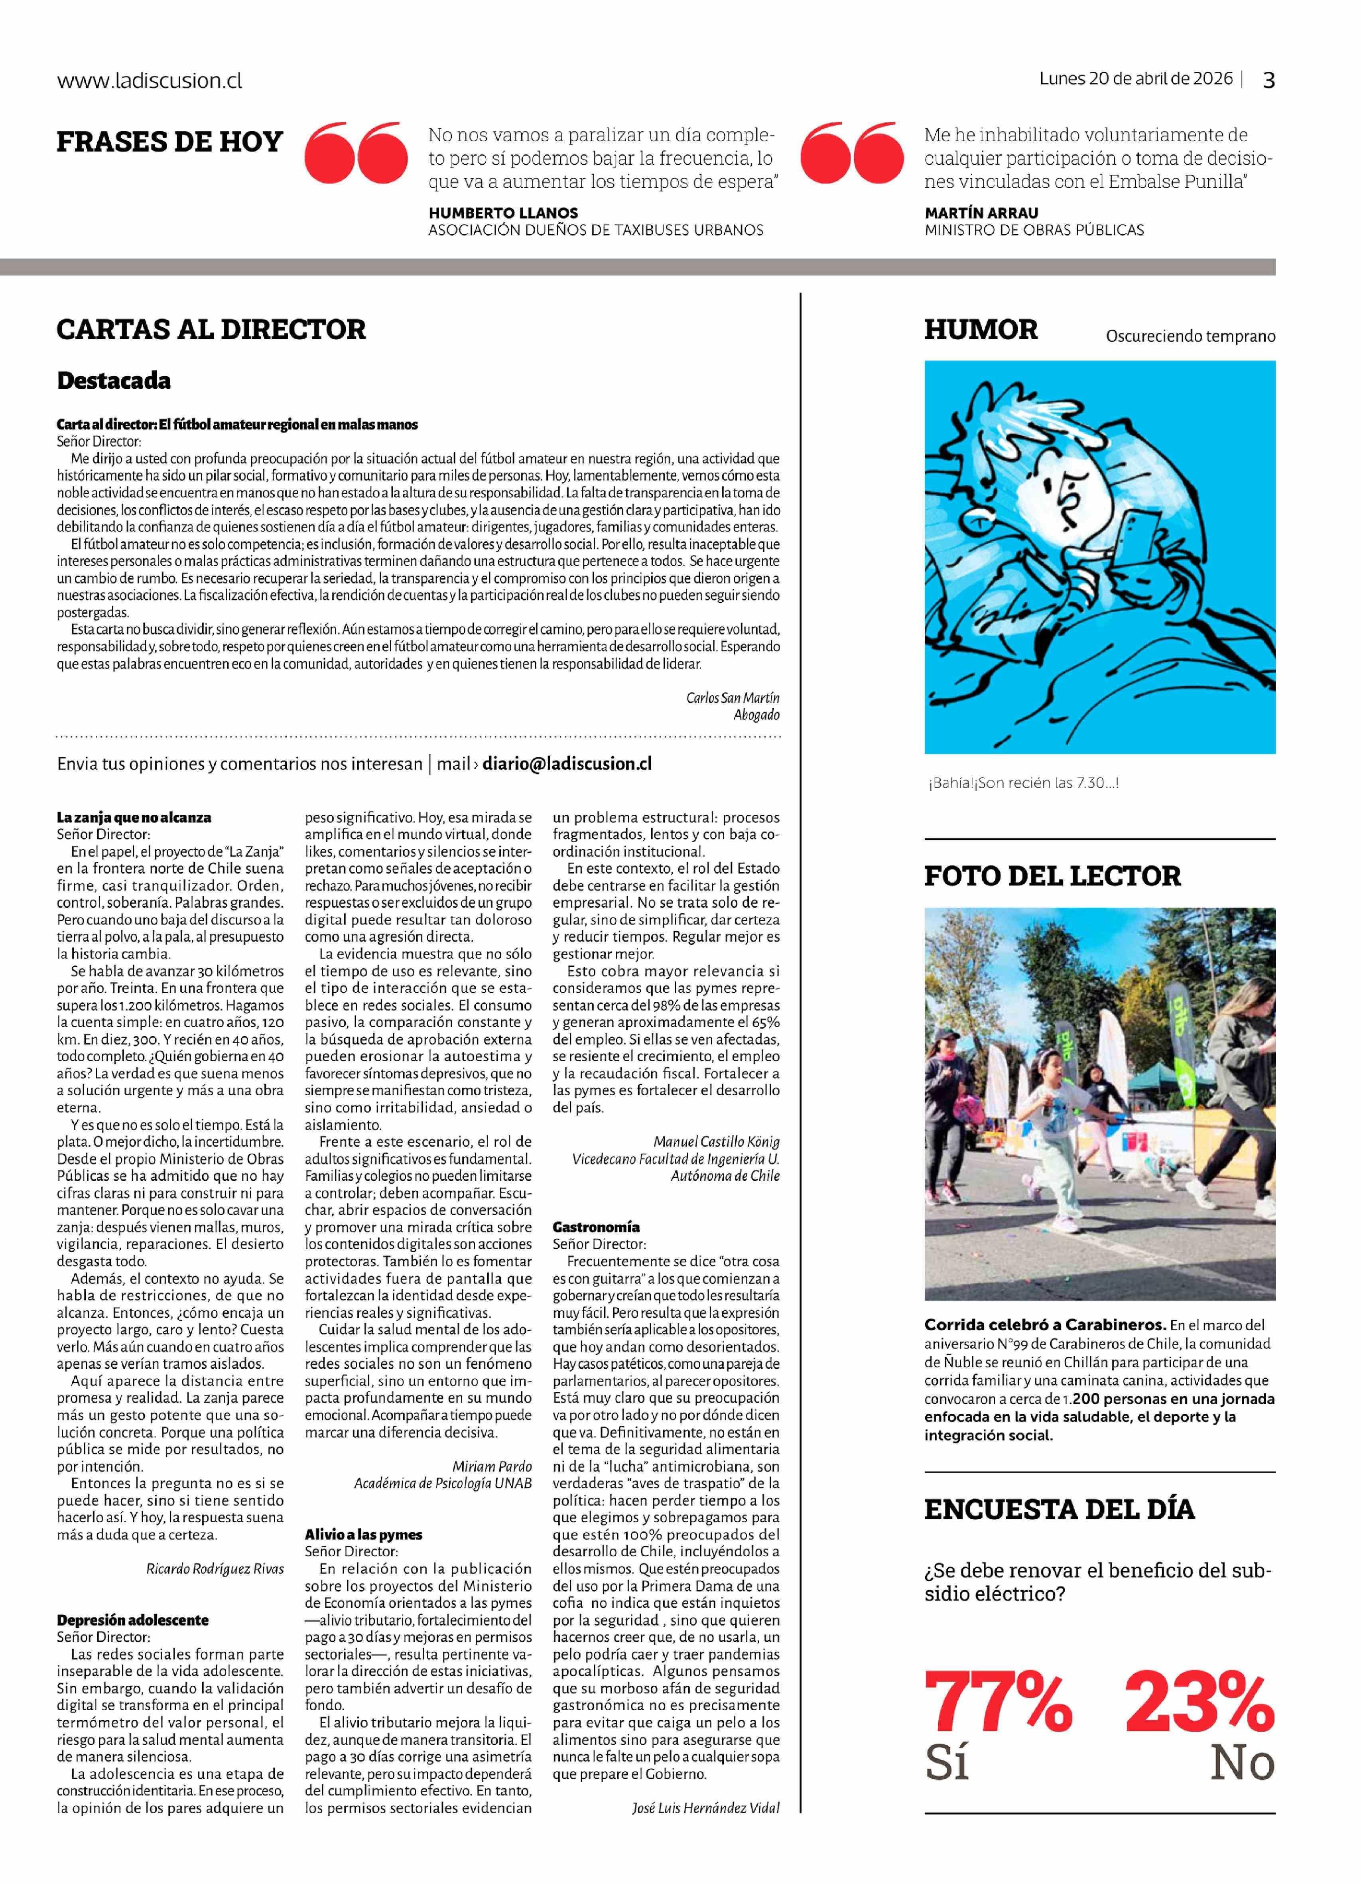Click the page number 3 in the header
click(1268, 80)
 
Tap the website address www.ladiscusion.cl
click(150, 81)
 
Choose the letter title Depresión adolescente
click(133, 1620)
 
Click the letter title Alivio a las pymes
click(364, 1534)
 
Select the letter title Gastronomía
click(596, 1227)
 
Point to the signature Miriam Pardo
click(492, 1466)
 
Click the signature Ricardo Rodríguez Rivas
click(215, 1569)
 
